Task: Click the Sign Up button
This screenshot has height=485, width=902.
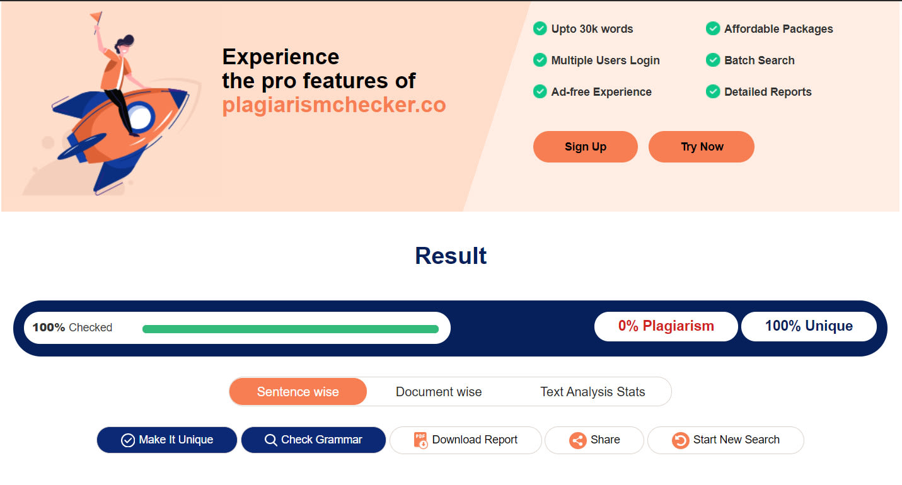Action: (585, 147)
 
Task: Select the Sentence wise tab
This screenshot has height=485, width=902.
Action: (298, 392)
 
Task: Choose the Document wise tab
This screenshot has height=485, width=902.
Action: (439, 392)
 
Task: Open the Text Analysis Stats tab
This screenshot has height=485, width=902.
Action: (593, 392)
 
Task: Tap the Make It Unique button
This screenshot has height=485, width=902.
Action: (167, 440)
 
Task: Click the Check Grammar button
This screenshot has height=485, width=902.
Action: (313, 440)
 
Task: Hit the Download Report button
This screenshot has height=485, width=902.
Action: (465, 440)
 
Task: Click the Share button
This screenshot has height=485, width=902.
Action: (594, 440)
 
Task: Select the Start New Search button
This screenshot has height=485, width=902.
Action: (726, 440)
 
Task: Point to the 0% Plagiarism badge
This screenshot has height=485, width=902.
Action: (666, 326)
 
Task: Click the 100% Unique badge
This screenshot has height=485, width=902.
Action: (809, 326)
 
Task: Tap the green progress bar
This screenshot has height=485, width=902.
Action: (291, 329)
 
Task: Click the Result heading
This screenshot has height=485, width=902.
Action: (451, 256)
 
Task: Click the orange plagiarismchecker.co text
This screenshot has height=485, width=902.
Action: (334, 105)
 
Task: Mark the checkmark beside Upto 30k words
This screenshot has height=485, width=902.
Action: (540, 28)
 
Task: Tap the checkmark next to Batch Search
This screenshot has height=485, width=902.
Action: (713, 60)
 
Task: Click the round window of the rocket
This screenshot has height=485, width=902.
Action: (140, 117)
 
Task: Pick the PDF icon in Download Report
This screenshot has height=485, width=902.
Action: (420, 440)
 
